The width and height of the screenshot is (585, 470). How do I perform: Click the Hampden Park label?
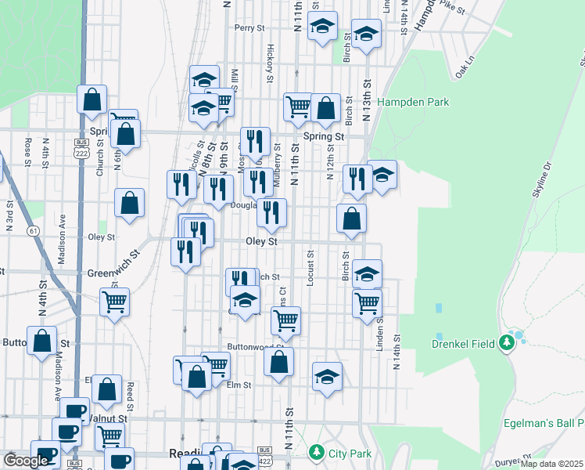(413, 102)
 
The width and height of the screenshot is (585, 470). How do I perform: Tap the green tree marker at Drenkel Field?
(508, 340)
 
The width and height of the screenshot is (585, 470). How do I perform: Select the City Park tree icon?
(316, 452)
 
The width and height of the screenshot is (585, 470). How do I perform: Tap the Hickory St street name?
(270, 63)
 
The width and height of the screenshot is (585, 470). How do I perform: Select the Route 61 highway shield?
(32, 230)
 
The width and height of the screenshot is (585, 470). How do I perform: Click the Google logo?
(26, 460)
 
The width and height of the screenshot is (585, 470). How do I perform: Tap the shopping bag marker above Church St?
(92, 99)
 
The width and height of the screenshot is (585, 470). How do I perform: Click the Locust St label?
(311, 268)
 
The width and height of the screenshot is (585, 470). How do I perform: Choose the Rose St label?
(27, 153)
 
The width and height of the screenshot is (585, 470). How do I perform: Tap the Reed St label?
(130, 396)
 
